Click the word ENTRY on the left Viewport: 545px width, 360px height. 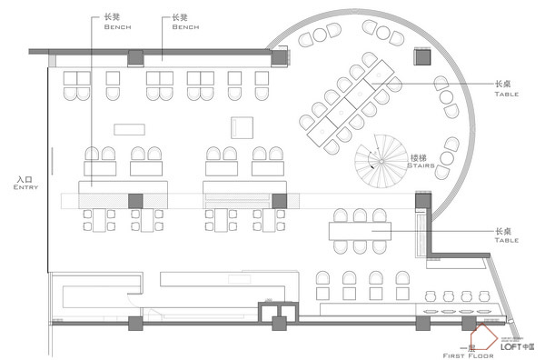tap(24, 187)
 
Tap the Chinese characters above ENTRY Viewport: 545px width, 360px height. tap(25, 179)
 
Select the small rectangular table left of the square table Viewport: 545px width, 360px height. tap(131, 128)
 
